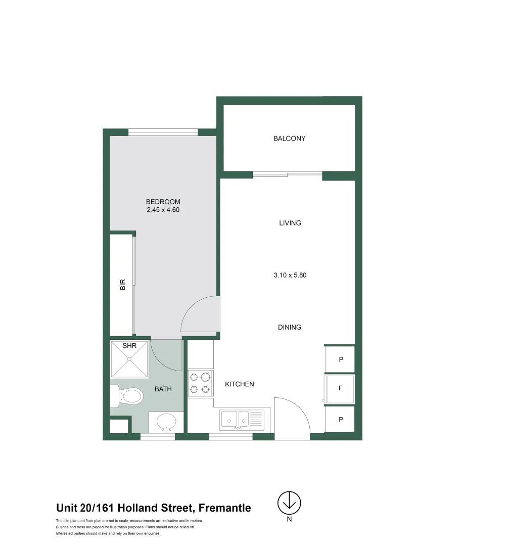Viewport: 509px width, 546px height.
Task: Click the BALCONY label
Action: pyautogui.click(x=289, y=139)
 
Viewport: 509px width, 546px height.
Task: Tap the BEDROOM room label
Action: pyautogui.click(x=163, y=202)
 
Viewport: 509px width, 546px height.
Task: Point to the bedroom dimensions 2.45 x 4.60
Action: pyautogui.click(x=163, y=210)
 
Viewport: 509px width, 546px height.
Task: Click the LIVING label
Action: pyautogui.click(x=290, y=223)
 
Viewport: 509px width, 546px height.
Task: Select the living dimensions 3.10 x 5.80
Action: pyautogui.click(x=290, y=276)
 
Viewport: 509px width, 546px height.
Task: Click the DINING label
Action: pyautogui.click(x=289, y=327)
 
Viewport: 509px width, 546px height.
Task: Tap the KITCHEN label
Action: pyautogui.click(x=239, y=384)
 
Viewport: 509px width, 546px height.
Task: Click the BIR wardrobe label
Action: pyautogui.click(x=122, y=285)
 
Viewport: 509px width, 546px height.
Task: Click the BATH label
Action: pyautogui.click(x=163, y=389)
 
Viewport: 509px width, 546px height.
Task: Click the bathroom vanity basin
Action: pyautogui.click(x=166, y=422)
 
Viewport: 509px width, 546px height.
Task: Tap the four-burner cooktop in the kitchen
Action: pyautogui.click(x=200, y=383)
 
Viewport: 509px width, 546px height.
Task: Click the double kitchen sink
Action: pyautogui.click(x=242, y=419)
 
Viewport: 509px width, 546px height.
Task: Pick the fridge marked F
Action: pyautogui.click(x=340, y=389)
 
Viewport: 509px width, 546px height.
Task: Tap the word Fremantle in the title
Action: pyautogui.click(x=224, y=508)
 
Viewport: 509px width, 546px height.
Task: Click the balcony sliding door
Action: pyautogui.click(x=287, y=175)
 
